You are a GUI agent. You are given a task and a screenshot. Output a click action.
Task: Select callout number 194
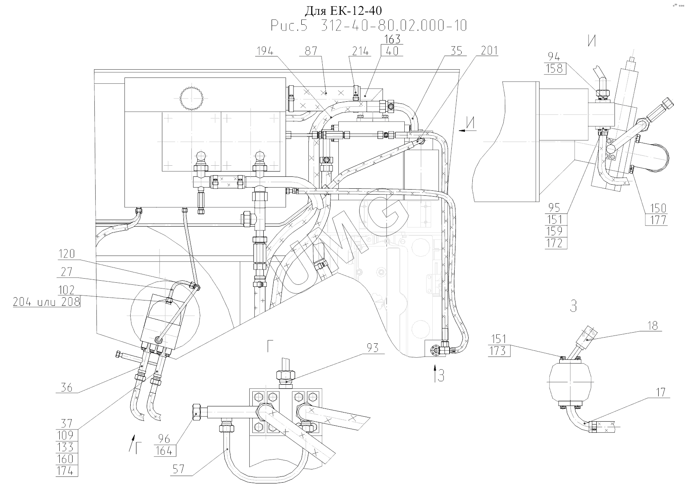[x=265, y=51]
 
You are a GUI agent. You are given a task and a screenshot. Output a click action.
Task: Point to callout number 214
[x=361, y=51]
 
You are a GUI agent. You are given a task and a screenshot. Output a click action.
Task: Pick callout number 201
[x=489, y=51]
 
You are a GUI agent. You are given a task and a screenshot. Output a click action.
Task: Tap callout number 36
[x=66, y=387]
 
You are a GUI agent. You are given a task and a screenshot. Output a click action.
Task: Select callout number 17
[x=660, y=392]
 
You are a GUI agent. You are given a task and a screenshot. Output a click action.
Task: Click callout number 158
[x=554, y=68]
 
